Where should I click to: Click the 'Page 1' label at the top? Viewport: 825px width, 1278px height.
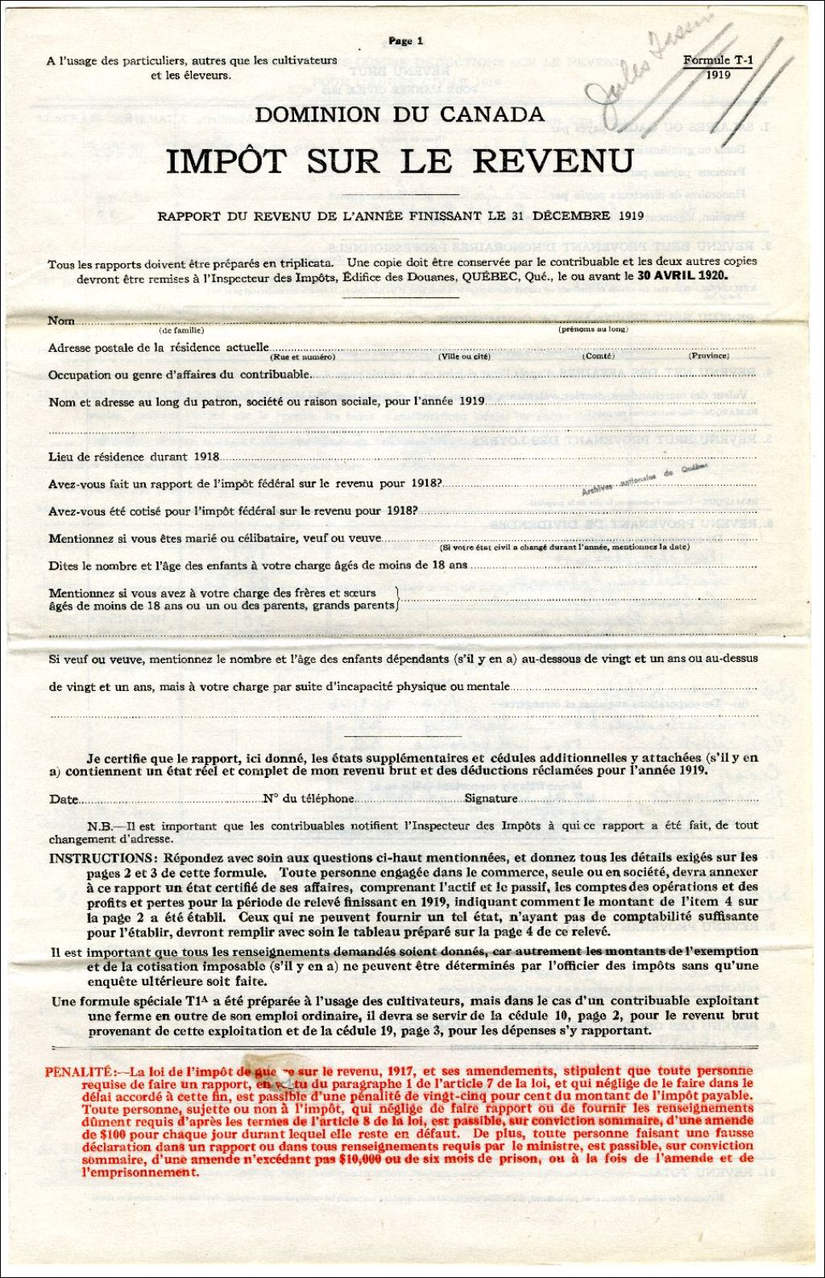(405, 41)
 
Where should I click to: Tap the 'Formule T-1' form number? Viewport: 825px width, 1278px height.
(717, 60)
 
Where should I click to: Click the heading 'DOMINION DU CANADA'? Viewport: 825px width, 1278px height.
(400, 115)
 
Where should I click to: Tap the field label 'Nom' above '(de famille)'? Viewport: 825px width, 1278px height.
(61, 321)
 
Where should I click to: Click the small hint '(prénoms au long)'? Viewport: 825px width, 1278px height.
(593, 329)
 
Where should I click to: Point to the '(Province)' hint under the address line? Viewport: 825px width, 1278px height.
(708, 356)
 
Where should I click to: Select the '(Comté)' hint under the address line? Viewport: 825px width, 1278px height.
(598, 356)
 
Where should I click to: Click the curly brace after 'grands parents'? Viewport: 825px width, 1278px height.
(396, 599)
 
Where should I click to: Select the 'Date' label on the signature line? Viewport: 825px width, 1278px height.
(64, 800)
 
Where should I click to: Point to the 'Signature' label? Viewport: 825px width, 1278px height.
(491, 799)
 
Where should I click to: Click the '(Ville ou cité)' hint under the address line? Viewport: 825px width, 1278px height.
(463, 356)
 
